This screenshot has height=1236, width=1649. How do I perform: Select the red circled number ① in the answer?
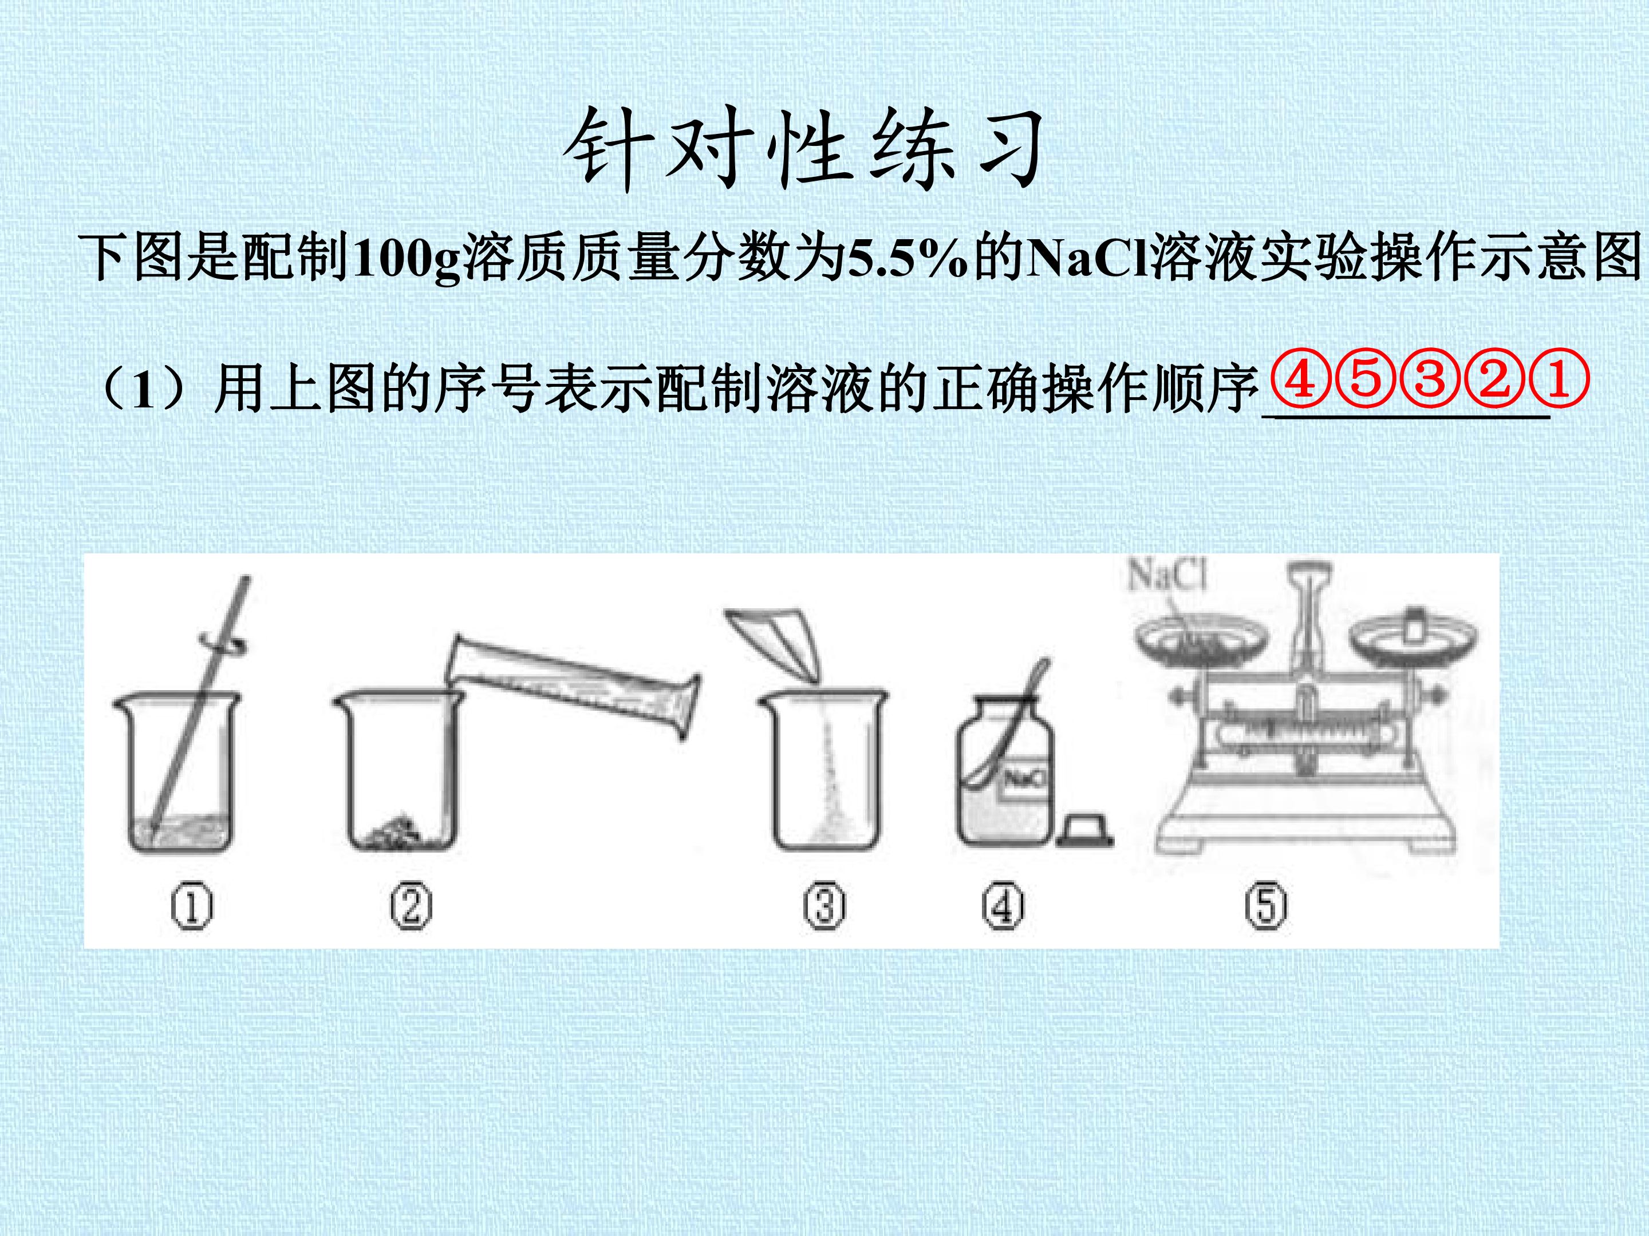pyautogui.click(x=1558, y=380)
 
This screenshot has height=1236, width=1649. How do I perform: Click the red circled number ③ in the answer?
pyautogui.click(x=1429, y=380)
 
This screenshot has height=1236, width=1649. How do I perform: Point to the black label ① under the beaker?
pyautogui.click(x=192, y=908)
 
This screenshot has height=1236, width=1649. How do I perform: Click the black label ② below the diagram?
pyautogui.click(x=411, y=908)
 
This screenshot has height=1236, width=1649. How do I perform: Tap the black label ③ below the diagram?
pyautogui.click(x=824, y=908)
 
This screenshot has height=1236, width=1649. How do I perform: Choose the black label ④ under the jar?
pyautogui.click(x=1003, y=908)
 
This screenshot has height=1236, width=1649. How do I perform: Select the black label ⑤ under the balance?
pyautogui.click(x=1266, y=908)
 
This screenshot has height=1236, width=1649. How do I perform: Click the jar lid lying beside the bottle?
pyautogui.click(x=1084, y=830)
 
